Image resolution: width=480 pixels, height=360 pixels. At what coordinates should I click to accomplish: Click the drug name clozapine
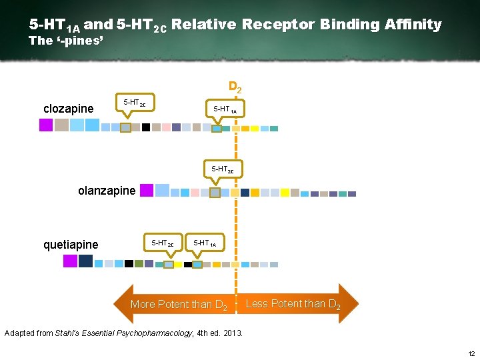68,109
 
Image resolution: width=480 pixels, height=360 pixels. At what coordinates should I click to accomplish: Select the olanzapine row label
107,191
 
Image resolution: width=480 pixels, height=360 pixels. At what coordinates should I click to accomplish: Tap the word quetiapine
71,245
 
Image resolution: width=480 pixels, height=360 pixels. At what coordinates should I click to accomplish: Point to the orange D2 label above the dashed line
235,87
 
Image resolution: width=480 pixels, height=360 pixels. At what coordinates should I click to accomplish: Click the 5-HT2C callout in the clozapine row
135,102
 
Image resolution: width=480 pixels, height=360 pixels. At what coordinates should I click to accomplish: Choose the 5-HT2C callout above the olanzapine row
223,169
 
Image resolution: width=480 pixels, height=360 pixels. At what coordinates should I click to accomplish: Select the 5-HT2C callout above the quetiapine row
163,243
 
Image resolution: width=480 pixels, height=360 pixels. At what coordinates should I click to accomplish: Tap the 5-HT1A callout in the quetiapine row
204,243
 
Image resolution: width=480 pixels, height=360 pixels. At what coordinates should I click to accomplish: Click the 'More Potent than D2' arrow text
179,305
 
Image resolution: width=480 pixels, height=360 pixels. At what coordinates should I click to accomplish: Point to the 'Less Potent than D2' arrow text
293,304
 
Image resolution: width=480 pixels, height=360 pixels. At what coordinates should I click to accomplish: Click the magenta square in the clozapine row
45,125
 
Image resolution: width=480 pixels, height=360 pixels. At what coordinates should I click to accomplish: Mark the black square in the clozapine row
145,127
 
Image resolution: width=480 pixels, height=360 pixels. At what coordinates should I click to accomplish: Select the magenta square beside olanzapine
146,190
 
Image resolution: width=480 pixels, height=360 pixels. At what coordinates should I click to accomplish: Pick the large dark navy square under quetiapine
85,261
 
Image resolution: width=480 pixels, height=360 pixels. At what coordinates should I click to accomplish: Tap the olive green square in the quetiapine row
139,263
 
